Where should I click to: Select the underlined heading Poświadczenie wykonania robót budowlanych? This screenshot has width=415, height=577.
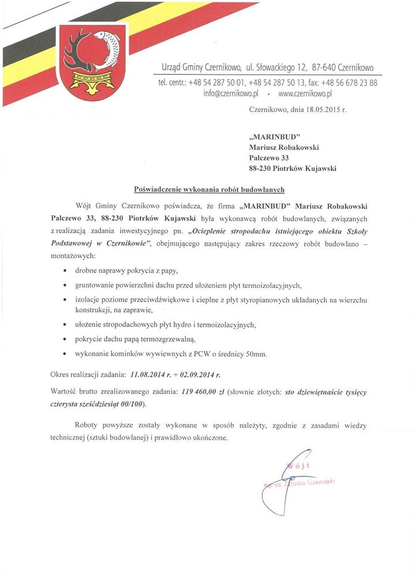click(209, 189)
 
